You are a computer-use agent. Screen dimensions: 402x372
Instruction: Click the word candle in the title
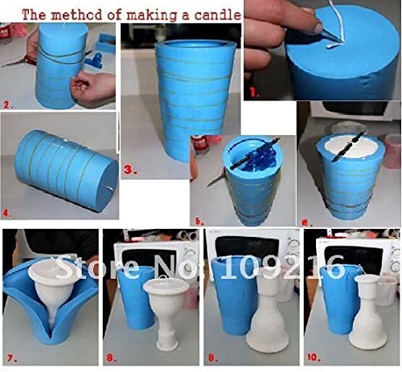tap(218, 14)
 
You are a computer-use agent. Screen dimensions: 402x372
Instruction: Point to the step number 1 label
tap(255, 93)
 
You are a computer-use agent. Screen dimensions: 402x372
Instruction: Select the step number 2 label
tap(8, 104)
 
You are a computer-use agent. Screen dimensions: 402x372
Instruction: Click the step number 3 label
tap(130, 170)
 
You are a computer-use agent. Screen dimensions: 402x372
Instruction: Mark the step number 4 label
tap(7, 214)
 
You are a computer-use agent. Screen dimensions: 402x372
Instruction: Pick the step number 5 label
tap(199, 221)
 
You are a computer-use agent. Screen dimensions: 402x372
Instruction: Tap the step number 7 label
tap(11, 358)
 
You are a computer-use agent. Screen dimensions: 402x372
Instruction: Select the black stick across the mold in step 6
tap(347, 147)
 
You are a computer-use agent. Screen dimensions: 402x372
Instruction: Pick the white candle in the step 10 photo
tap(368, 312)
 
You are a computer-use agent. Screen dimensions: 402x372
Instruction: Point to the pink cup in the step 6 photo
tap(392, 151)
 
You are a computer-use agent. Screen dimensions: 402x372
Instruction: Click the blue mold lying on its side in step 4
tap(67, 171)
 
